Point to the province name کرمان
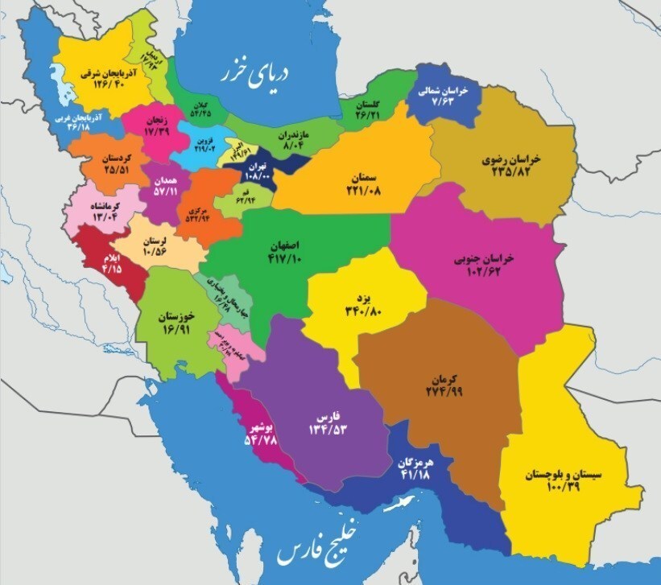[x=443, y=378]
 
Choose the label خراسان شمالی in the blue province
[x=440, y=92]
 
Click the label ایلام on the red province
[x=110, y=257]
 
